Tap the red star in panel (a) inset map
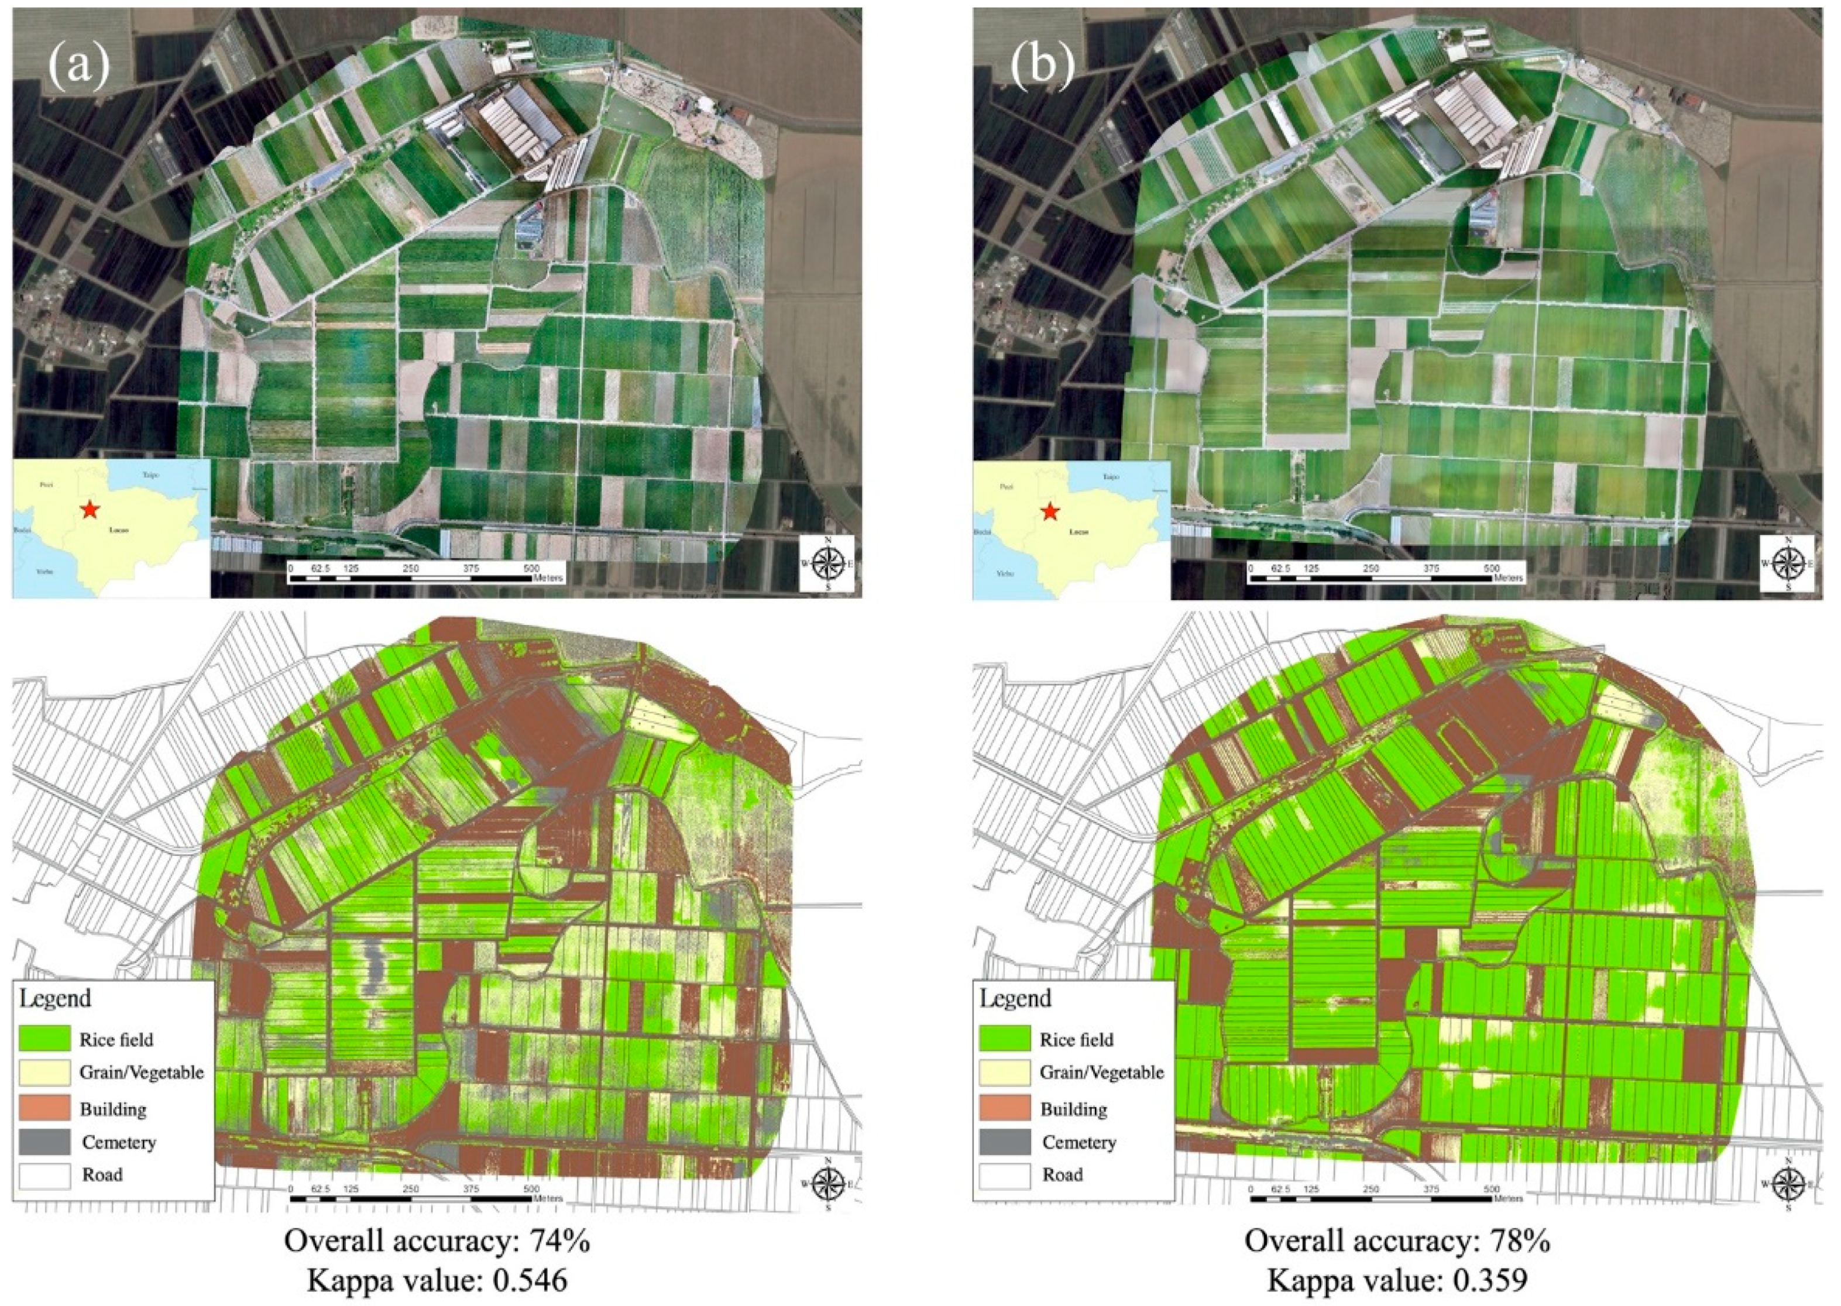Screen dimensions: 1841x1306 [90, 509]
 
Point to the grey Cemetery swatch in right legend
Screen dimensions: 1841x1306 [1005, 1141]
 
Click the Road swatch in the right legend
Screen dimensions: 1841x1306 [1005, 1174]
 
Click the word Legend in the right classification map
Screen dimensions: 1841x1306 [1016, 999]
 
